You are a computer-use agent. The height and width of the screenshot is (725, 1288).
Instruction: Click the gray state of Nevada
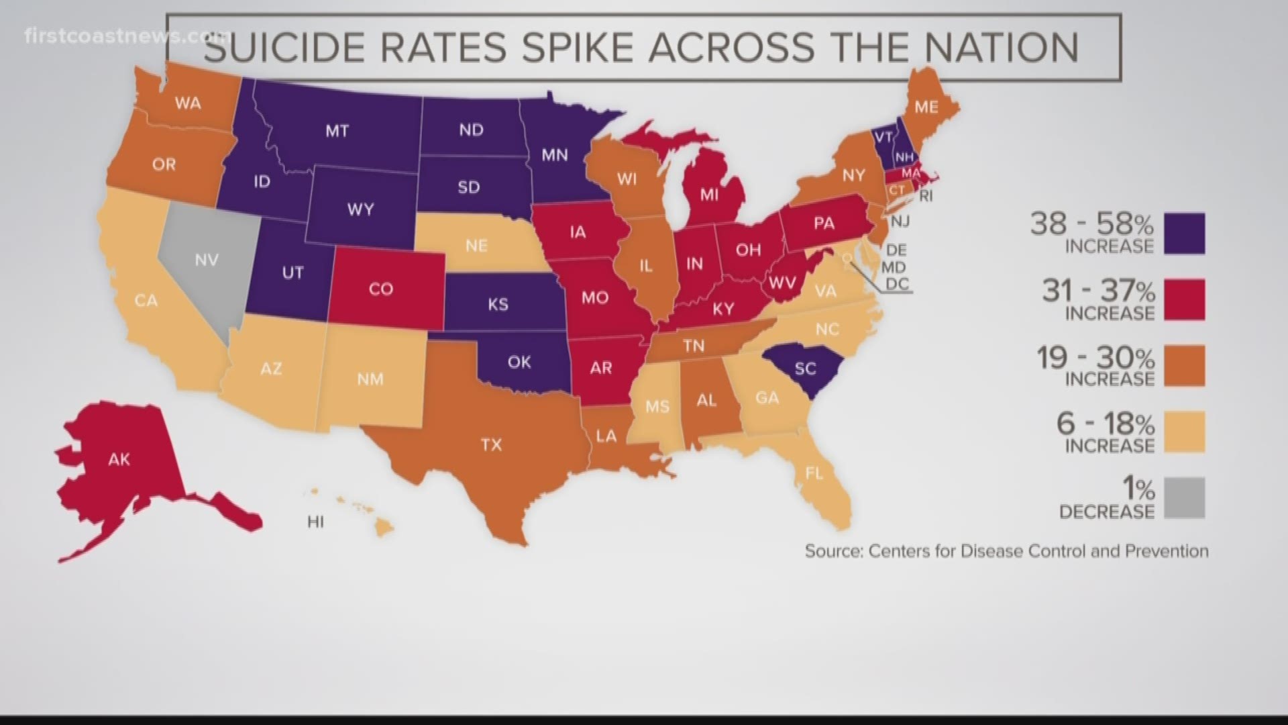[x=201, y=262]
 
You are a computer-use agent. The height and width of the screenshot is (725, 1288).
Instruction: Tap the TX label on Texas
[x=491, y=444]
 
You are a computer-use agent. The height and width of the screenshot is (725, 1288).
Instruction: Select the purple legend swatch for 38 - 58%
[x=1184, y=233]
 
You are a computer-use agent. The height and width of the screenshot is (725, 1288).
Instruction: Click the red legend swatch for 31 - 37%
[x=1184, y=299]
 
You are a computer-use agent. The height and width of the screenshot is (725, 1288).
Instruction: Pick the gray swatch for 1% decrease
[x=1184, y=497]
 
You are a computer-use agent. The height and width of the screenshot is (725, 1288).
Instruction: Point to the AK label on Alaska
[x=119, y=460]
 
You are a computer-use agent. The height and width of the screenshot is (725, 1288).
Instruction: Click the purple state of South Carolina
[x=805, y=369]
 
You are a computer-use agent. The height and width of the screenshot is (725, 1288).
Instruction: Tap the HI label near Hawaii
[x=315, y=522]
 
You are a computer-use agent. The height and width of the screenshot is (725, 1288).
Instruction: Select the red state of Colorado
[x=381, y=289]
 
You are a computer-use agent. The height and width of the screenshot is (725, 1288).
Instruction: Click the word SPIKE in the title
[x=578, y=47]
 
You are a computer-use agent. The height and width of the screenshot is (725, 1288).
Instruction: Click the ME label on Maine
[x=926, y=107]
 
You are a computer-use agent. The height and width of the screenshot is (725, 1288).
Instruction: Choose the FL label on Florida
[x=814, y=473]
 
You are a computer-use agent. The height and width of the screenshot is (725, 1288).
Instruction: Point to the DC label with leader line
[x=897, y=284]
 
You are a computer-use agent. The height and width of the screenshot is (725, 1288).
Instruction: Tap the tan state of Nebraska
[x=476, y=245]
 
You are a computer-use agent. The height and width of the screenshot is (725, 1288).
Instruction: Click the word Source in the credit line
[x=833, y=551]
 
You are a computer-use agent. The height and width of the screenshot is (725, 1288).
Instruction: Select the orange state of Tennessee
[x=694, y=346]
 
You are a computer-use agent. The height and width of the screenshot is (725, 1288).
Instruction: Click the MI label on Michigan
[x=709, y=195]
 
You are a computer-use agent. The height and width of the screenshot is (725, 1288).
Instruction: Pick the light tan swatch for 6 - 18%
[x=1184, y=432]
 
